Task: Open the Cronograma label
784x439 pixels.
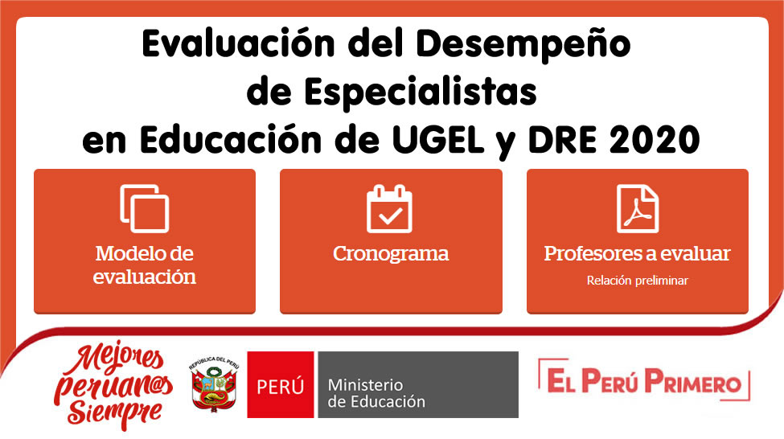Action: [391, 254]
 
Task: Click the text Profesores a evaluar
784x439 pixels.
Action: [637, 254]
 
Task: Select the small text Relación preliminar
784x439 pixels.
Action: [637, 281]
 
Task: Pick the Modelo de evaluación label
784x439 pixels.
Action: [145, 265]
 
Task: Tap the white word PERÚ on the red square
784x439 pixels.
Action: [280, 385]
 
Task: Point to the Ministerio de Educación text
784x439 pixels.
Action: [376, 392]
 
